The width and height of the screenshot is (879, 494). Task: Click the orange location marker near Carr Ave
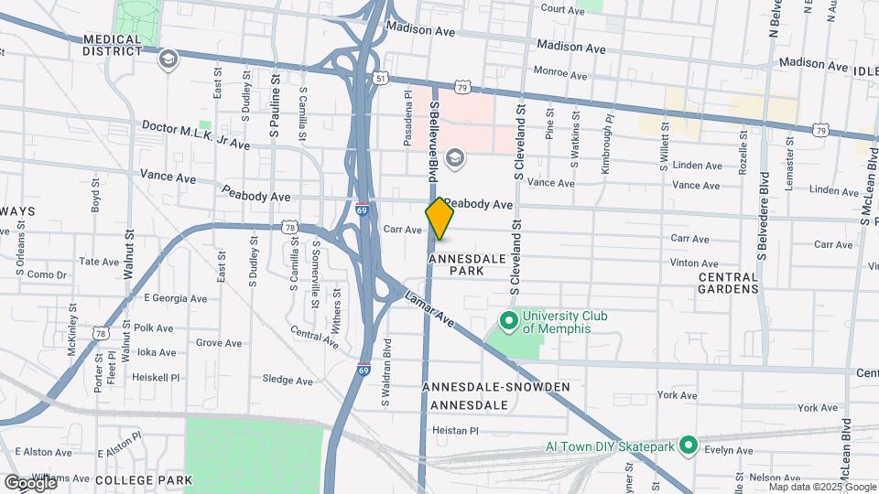(x=440, y=219)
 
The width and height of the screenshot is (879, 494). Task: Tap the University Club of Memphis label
(x=563, y=322)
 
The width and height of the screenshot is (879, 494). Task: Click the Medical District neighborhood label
(x=113, y=45)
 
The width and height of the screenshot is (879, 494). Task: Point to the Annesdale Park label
(x=467, y=265)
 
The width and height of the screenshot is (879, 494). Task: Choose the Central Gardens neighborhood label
(x=728, y=283)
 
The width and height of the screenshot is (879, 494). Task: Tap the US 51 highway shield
(x=380, y=80)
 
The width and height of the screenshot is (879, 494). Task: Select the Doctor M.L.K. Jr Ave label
(x=195, y=134)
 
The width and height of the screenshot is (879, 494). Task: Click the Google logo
(x=29, y=482)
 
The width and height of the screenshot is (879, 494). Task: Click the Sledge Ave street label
(x=288, y=380)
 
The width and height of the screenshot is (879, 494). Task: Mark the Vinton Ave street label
(x=694, y=263)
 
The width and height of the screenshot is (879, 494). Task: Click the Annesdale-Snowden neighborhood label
(x=495, y=387)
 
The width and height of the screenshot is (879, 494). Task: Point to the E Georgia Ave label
(x=176, y=298)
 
